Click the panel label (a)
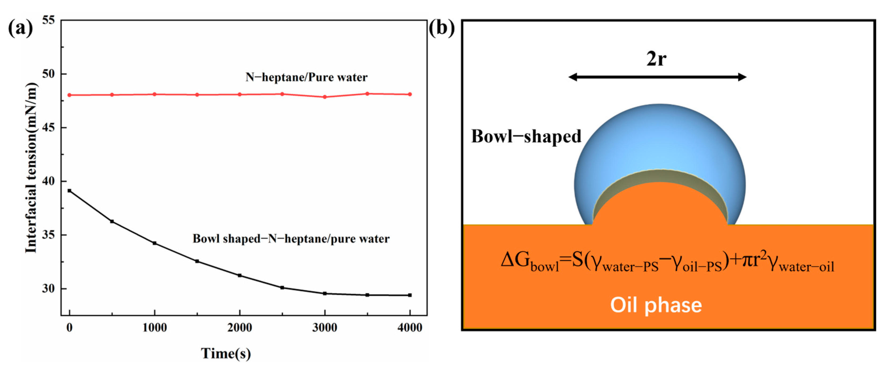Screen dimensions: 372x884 (20, 28)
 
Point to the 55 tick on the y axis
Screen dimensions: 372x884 (49, 20)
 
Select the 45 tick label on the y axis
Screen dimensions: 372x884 (49, 128)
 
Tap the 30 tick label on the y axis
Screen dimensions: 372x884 (49, 289)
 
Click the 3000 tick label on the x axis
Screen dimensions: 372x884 (324, 328)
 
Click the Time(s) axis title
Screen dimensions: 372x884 (226, 353)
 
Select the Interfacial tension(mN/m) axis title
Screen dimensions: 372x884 (31, 168)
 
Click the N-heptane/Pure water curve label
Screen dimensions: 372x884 (306, 77)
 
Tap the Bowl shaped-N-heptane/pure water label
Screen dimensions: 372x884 (291, 238)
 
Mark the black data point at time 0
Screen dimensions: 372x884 (70, 191)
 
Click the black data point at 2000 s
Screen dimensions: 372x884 (240, 276)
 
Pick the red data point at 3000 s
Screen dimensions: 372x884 (325, 97)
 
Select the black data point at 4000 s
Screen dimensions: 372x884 (410, 295)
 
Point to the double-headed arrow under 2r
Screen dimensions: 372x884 (657, 77)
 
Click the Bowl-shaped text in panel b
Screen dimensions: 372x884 (526, 137)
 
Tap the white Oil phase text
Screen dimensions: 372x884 (656, 305)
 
